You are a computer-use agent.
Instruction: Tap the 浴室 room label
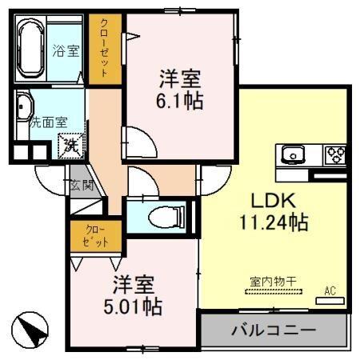(x=66, y=51)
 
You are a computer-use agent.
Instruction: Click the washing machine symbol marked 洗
(x=72, y=145)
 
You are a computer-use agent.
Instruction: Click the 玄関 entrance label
(x=82, y=186)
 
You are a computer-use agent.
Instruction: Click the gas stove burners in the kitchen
(x=334, y=153)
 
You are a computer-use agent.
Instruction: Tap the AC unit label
(x=330, y=291)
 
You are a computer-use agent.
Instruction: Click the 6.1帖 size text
(x=178, y=102)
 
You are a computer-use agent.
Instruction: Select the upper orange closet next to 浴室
(x=103, y=49)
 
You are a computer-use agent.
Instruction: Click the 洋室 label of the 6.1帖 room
(x=178, y=79)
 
